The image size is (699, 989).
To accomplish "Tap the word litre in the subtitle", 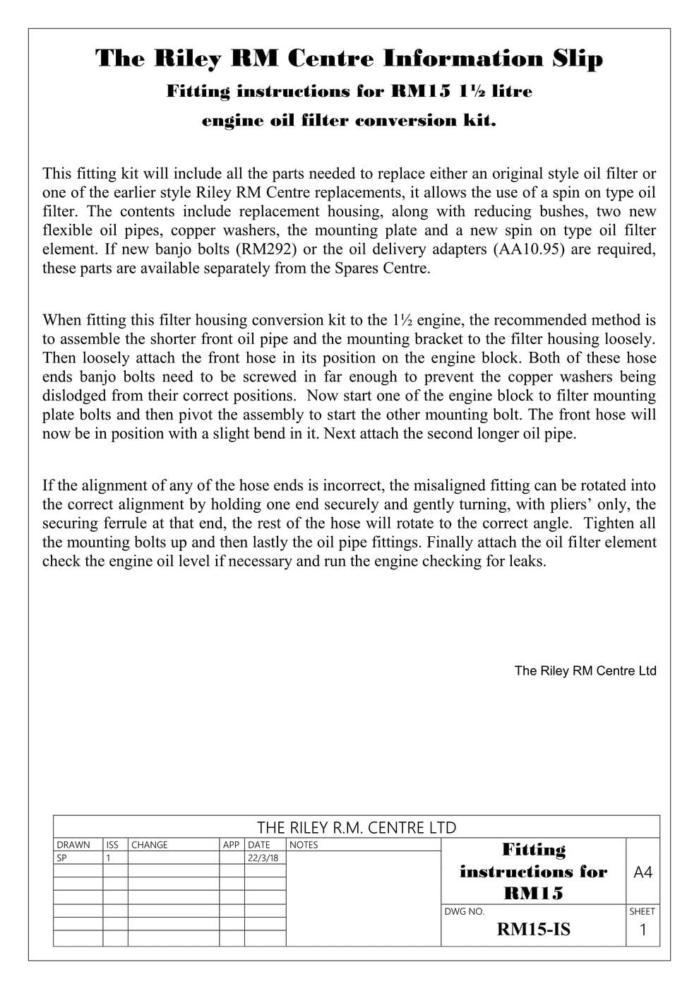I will (x=509, y=91).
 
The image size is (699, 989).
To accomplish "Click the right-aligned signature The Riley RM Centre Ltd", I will (x=585, y=671).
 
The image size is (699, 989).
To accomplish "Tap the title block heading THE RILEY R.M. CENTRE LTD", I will (x=357, y=827).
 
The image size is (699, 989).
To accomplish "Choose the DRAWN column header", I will (x=73, y=845).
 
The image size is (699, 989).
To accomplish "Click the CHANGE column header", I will (x=150, y=845).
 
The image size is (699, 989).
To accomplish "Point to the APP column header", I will (x=231, y=845).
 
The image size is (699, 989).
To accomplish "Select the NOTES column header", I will (x=304, y=845).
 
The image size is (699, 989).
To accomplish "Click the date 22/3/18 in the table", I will (x=263, y=858).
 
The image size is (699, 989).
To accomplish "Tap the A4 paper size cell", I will (x=643, y=872).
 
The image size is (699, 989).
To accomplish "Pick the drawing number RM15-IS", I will (x=533, y=930).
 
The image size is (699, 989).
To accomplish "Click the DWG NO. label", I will (x=465, y=911).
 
